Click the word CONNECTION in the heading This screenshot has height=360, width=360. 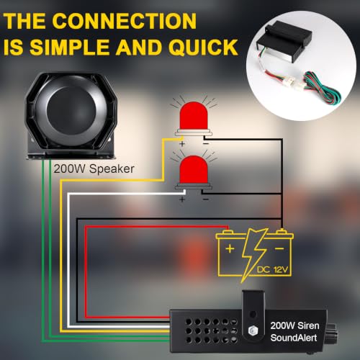point(125,21)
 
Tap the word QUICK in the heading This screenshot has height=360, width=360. point(203,47)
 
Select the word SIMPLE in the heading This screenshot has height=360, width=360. point(71,47)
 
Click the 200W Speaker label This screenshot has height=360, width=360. point(94,168)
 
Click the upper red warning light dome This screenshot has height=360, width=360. point(194,115)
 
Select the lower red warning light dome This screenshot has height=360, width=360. point(194,169)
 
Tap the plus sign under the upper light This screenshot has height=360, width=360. point(182,144)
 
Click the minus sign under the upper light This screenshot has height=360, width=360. point(206,144)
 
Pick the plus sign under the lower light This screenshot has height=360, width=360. point(182,199)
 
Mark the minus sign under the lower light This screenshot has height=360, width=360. point(206,199)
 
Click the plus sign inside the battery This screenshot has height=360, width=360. point(230,248)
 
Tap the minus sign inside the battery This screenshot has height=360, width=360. point(279,248)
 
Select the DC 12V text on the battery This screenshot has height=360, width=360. point(272,270)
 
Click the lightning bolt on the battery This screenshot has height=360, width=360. point(254,255)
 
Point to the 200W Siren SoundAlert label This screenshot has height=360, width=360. point(294,332)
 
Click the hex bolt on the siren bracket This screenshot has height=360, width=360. point(253,330)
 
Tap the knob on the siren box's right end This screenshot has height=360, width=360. point(332,331)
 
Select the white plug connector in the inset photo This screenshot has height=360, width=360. point(290,81)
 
